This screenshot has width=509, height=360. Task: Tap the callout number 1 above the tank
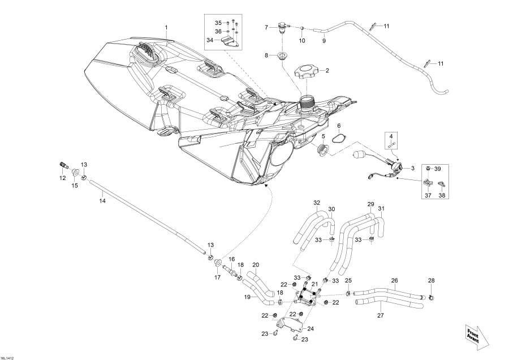[x=166, y=27]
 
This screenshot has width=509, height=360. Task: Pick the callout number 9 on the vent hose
[x=324, y=41]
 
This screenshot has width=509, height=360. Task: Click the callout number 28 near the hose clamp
[x=432, y=281]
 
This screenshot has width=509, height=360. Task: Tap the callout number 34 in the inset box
[x=210, y=41]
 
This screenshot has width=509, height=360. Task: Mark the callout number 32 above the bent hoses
[x=317, y=202]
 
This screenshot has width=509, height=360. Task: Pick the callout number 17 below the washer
[x=217, y=277]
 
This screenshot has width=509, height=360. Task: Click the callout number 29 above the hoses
[x=371, y=204]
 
